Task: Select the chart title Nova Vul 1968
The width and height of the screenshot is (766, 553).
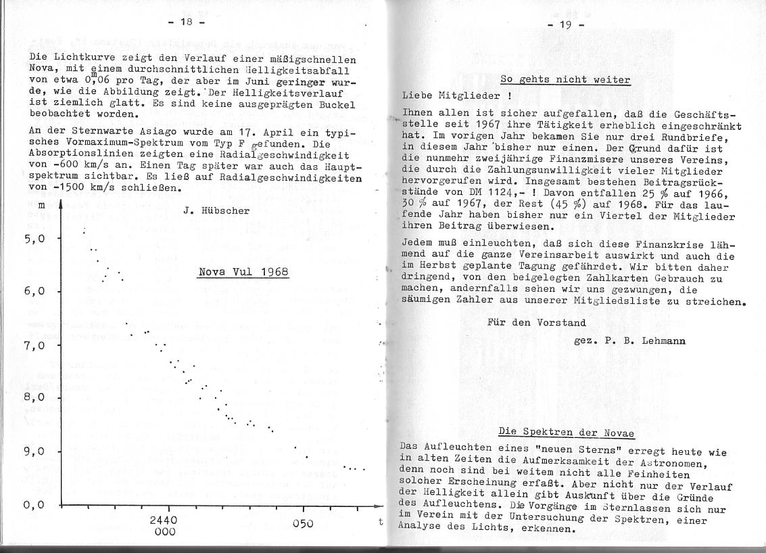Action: (243, 273)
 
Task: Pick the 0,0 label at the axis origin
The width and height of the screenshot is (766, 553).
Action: (34, 505)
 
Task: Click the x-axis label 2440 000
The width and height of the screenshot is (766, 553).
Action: (164, 526)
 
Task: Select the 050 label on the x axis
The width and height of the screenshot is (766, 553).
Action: (304, 523)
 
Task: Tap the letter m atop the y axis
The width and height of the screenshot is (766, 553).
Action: (41, 204)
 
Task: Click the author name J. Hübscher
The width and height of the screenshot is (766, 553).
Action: (216, 211)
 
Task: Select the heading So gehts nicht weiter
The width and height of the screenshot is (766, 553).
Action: (565, 80)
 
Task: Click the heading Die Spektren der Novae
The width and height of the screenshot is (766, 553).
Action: (565, 431)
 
